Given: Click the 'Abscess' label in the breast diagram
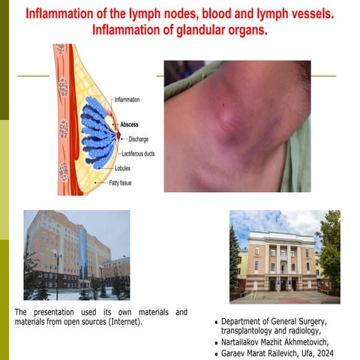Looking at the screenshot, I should [x=133, y=125].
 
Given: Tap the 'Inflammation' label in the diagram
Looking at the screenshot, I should [x=133, y=99].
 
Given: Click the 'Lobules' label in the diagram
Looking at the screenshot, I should [x=125, y=168].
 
